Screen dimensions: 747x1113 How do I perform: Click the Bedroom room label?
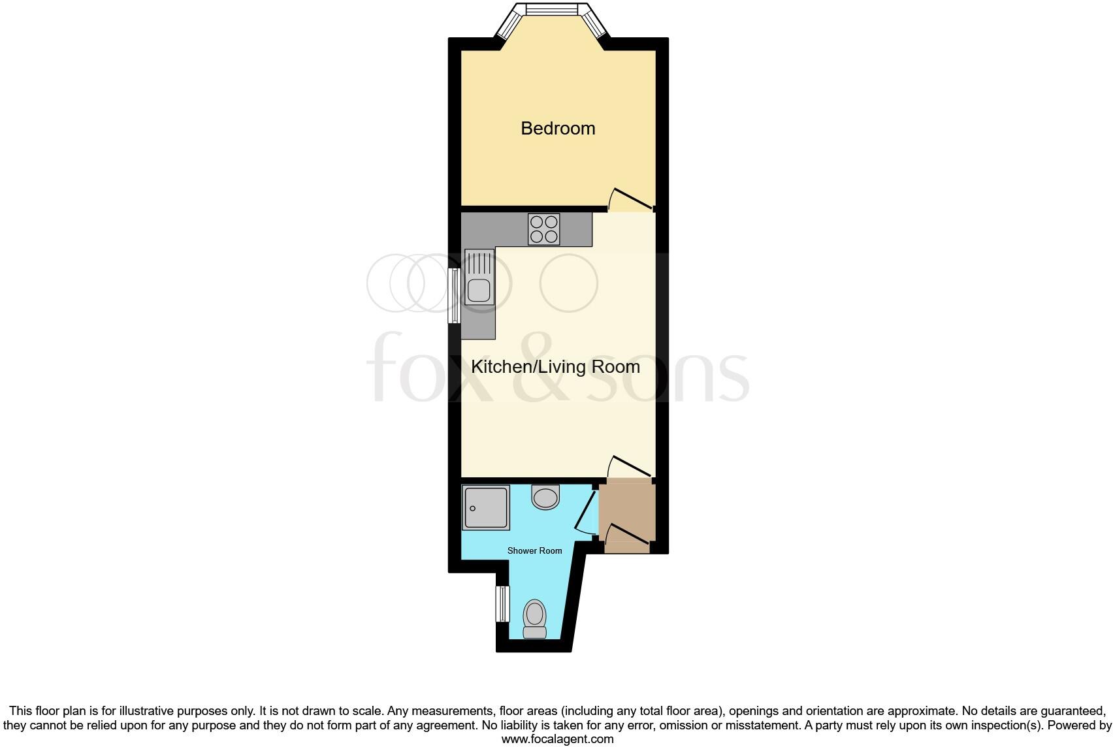558,128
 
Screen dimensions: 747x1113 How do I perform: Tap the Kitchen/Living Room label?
555,367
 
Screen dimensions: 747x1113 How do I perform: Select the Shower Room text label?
534,551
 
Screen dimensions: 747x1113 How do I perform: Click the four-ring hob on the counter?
543,229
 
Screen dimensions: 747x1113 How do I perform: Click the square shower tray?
485,507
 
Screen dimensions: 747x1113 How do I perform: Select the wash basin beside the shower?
545,498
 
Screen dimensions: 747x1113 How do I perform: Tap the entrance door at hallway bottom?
627,533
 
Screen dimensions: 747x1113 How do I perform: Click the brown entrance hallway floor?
626,506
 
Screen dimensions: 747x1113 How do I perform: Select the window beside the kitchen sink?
454,296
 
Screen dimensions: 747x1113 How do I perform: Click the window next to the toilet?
502,604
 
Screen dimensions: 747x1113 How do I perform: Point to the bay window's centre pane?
552,8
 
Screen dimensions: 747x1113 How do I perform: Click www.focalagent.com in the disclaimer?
557,739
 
